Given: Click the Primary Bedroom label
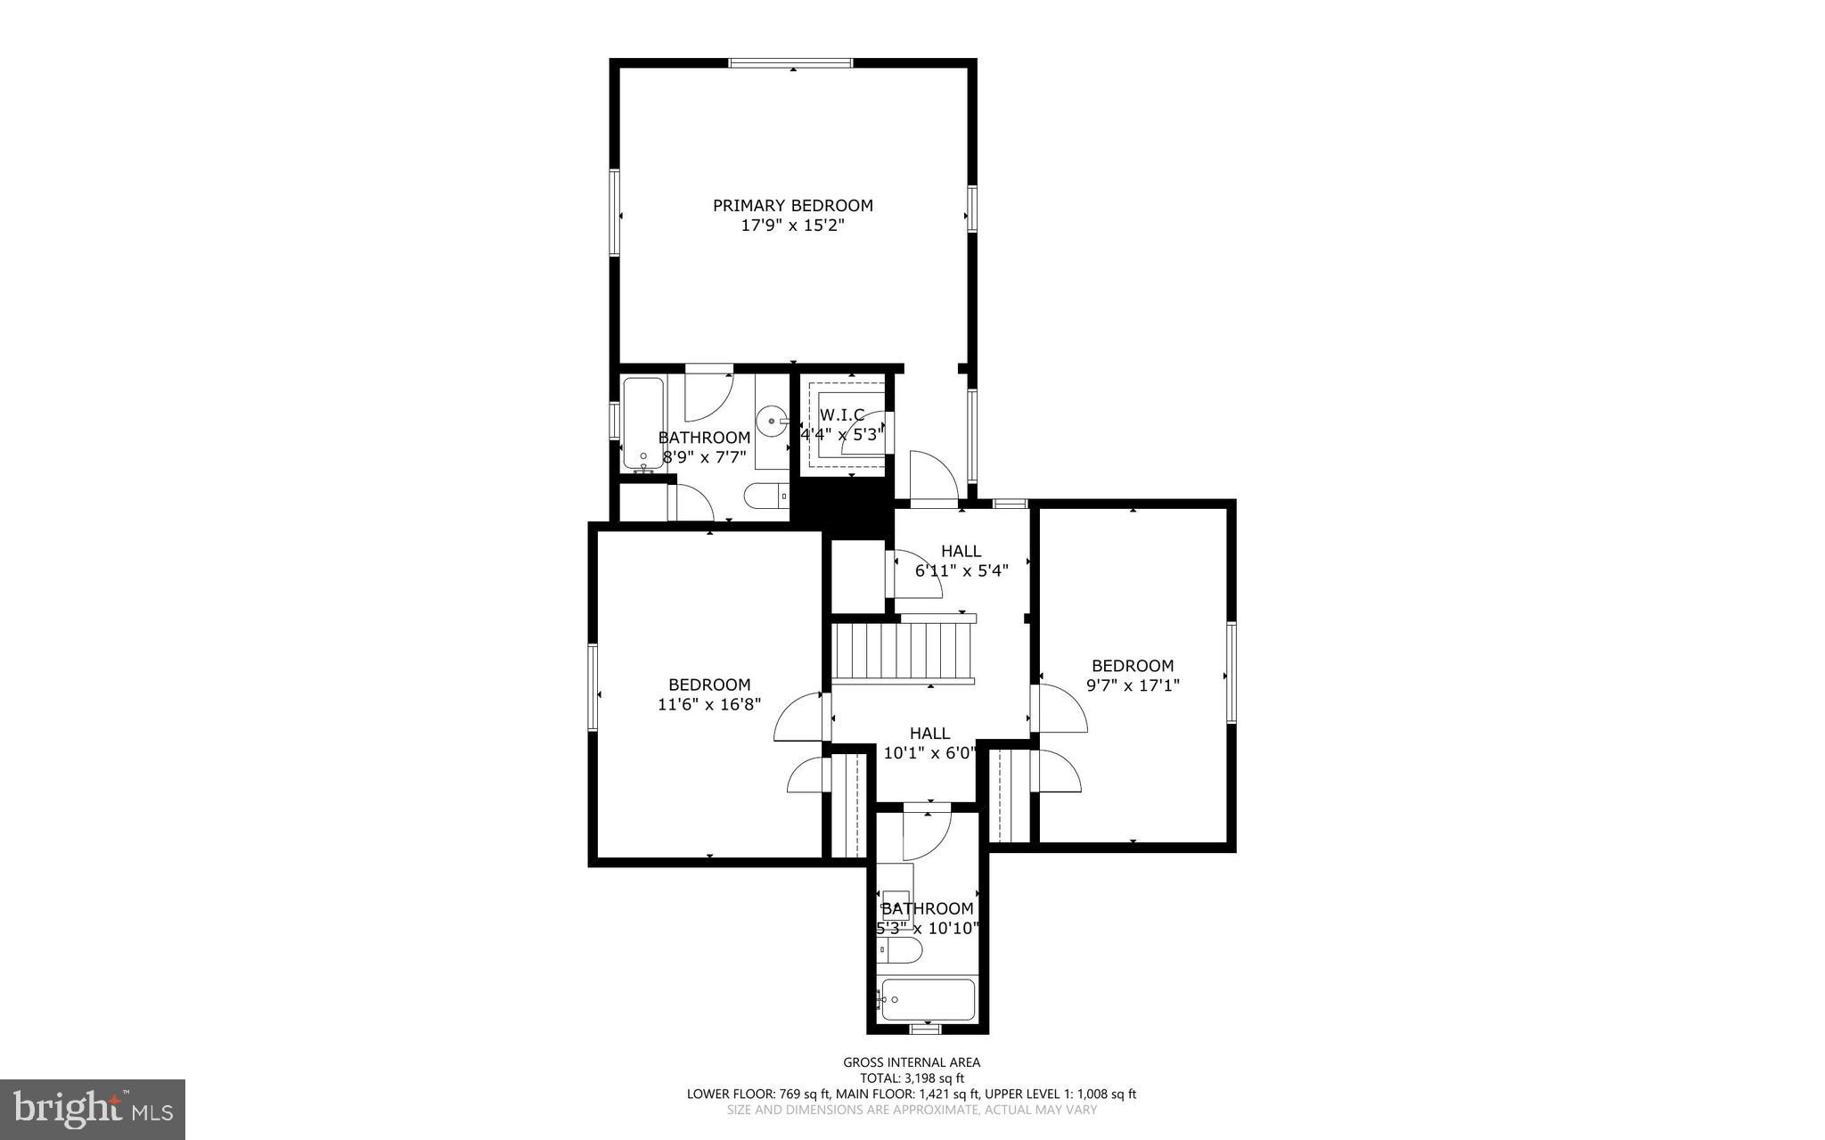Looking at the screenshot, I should (x=792, y=205).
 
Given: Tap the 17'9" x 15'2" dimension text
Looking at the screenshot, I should (x=792, y=226).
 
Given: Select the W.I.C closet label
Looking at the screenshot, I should (x=841, y=414).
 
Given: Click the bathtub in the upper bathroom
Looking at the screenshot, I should (x=642, y=422).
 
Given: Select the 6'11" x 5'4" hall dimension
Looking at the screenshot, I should (x=961, y=570).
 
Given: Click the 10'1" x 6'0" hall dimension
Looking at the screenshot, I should (x=929, y=753).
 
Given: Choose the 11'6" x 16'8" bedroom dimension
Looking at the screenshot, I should (x=709, y=704).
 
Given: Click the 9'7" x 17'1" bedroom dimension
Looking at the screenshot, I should (x=1133, y=685).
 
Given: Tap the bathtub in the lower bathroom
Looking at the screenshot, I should (x=927, y=999).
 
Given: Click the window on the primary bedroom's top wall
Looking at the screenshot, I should (x=790, y=63).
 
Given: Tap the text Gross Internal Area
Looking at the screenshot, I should (x=912, y=1062).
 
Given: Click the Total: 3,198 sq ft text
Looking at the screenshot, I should (x=912, y=1078).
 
